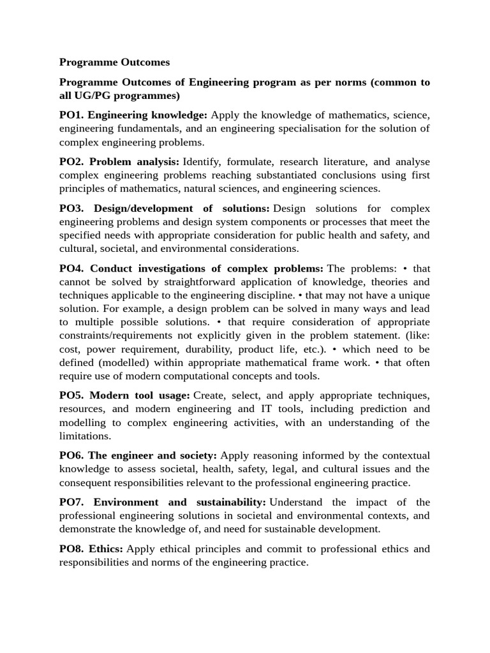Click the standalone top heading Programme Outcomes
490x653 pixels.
click(x=114, y=62)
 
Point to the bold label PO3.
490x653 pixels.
click(x=71, y=208)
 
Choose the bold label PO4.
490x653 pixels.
click(x=71, y=268)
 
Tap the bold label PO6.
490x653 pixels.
click(x=71, y=455)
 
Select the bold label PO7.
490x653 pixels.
click(x=71, y=502)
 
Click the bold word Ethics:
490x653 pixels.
click(x=107, y=548)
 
